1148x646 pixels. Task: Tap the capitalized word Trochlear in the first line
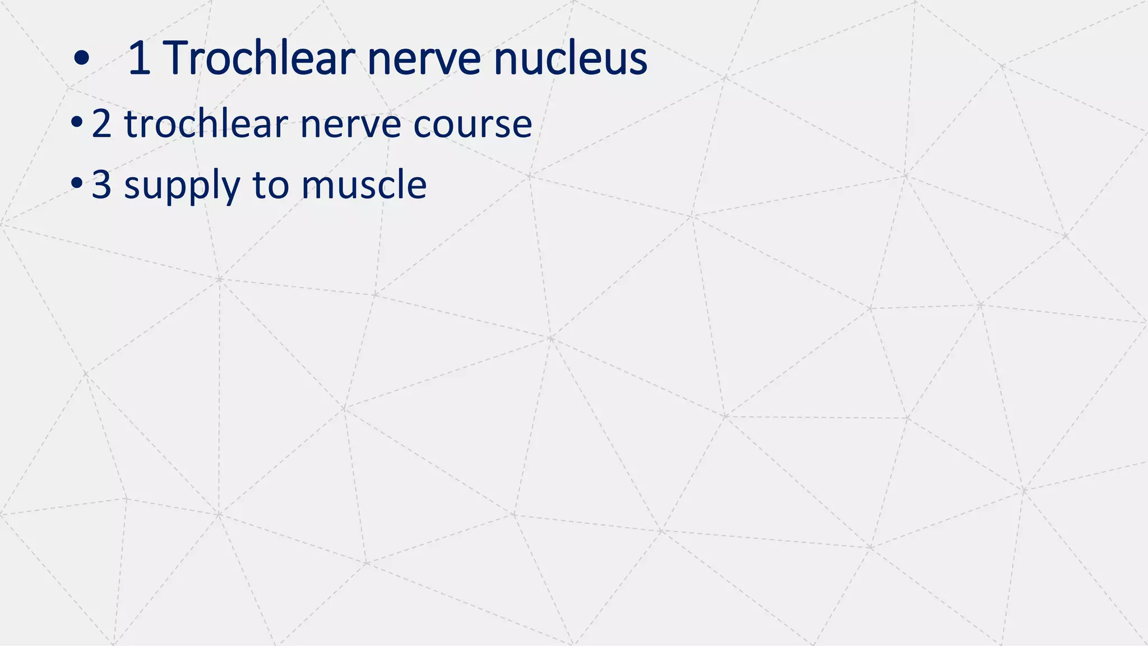point(258,58)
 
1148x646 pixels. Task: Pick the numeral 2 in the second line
point(101,123)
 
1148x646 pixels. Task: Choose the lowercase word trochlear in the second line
point(206,123)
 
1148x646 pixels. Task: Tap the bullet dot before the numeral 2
point(77,122)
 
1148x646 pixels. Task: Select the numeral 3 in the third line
point(101,184)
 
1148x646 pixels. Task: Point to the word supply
point(182,187)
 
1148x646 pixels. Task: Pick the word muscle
point(364,184)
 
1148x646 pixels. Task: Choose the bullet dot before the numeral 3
point(77,183)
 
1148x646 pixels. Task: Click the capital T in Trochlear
point(178,58)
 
